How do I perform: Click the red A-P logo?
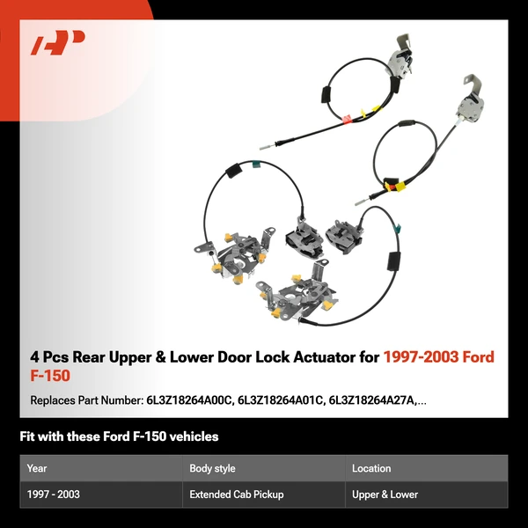(x=58, y=43)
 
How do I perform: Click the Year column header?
(x=37, y=468)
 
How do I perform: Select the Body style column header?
(x=212, y=468)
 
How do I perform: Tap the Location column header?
(x=371, y=468)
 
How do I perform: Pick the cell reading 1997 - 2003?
(x=54, y=495)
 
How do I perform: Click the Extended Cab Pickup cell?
(x=236, y=495)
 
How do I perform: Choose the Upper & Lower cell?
(x=385, y=495)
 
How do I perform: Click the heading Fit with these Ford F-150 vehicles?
(x=119, y=436)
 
